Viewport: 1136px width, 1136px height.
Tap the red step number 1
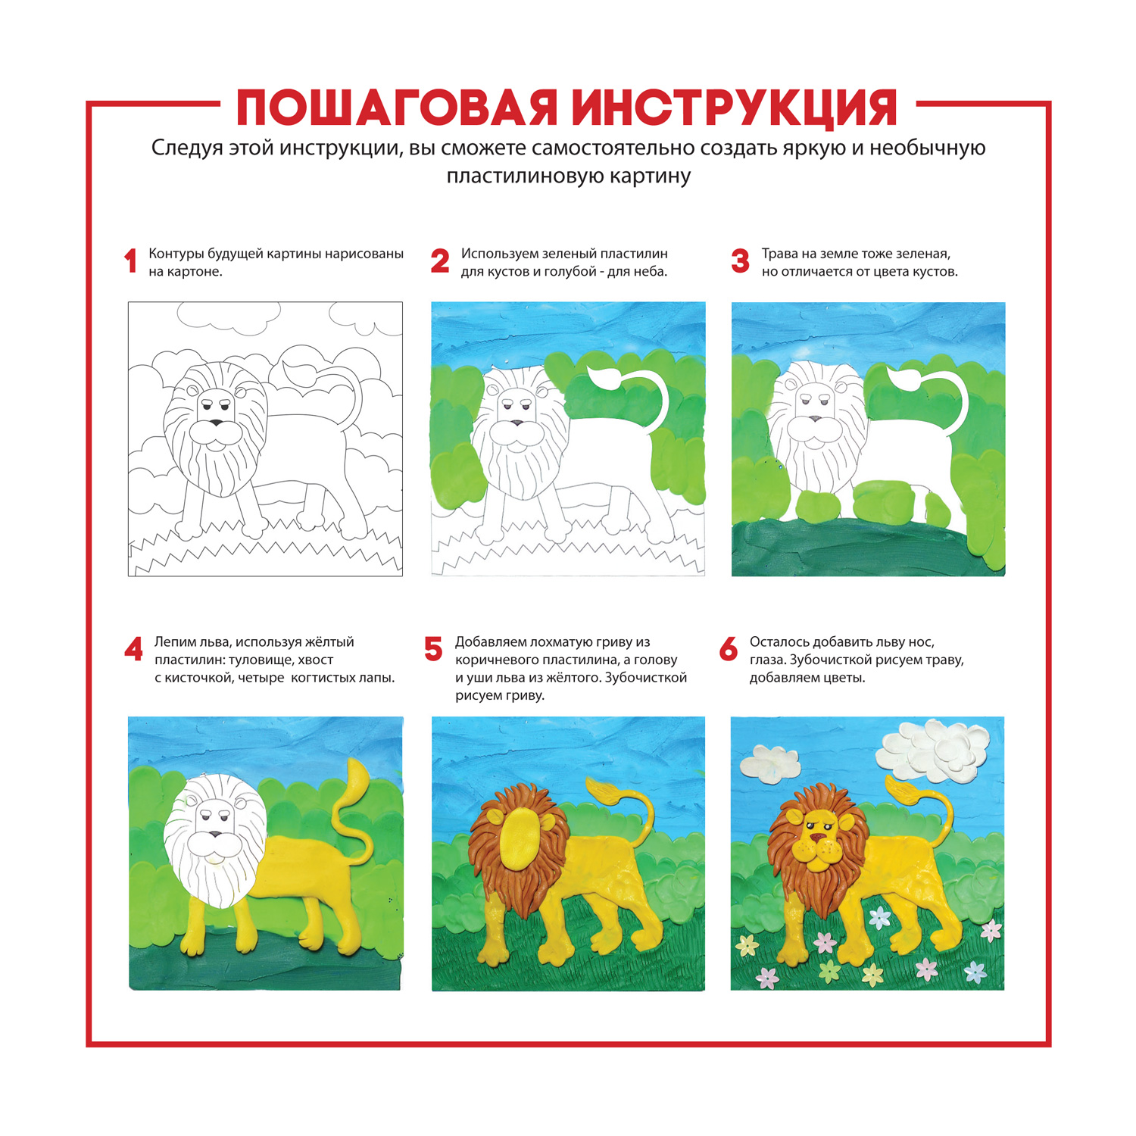(x=130, y=261)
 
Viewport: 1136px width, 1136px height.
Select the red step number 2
(x=440, y=261)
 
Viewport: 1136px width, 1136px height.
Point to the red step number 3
(x=740, y=261)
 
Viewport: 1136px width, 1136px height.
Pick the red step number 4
(x=133, y=650)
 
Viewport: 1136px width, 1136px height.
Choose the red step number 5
(x=433, y=650)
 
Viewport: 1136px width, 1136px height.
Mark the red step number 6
(x=729, y=650)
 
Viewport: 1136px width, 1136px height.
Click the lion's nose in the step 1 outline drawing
(x=217, y=423)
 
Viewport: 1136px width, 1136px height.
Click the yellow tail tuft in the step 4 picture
(x=357, y=780)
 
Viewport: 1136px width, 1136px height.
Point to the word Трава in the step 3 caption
(x=780, y=254)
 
